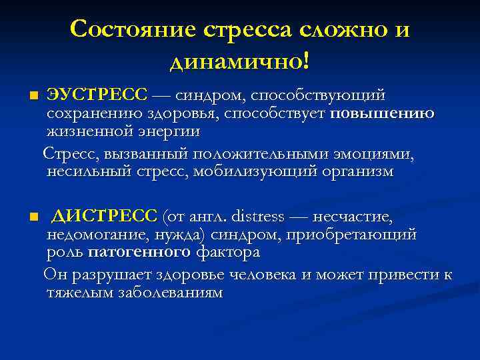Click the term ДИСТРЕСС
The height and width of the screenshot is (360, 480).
pos(105,217)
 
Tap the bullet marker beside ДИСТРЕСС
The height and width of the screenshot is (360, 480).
pos(35,217)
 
